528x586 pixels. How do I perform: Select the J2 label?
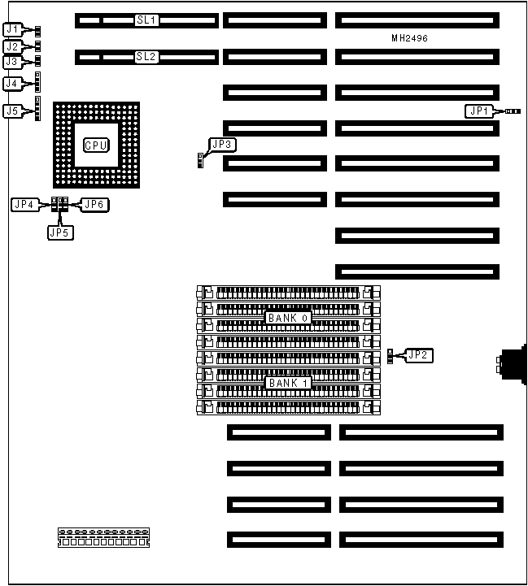coord(11,46)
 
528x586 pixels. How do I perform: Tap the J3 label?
coord(11,61)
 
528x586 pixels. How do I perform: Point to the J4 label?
coord(11,83)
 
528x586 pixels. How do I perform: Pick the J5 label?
coord(11,111)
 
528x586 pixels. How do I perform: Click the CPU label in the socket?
coord(96,145)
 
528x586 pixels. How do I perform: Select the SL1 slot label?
coord(147,20)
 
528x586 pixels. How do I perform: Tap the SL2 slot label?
coord(147,57)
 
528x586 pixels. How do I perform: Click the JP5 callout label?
coord(59,232)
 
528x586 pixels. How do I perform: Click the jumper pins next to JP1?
coord(513,111)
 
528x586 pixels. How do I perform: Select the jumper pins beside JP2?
coord(394,355)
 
